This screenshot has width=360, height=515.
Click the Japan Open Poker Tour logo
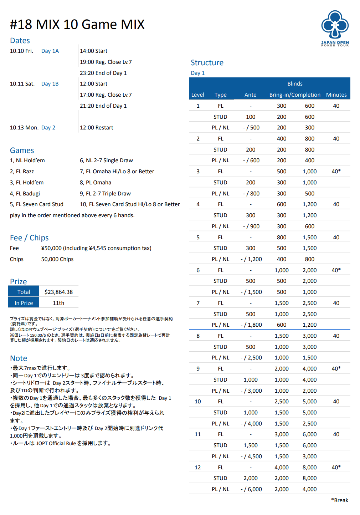(335, 28)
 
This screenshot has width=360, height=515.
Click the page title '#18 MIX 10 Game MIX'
(77, 25)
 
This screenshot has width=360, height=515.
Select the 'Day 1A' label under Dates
(50, 51)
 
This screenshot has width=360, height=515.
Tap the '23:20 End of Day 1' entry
(103, 73)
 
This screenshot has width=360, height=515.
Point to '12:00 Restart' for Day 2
(96, 128)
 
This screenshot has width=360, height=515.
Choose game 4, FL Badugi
(25, 194)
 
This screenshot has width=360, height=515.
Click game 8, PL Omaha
(95, 183)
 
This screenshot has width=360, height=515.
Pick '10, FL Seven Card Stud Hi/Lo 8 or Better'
(130, 204)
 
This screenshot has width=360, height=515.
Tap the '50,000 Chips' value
(57, 259)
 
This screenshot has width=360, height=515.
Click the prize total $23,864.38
(58, 292)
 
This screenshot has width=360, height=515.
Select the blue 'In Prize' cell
(24, 303)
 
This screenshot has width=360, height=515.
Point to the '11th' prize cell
(58, 303)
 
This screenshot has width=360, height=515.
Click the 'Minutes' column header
(336, 95)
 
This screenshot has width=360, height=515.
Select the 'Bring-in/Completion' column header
(295, 95)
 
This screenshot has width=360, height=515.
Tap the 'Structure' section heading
(207, 63)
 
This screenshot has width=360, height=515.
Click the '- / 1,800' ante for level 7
(251, 325)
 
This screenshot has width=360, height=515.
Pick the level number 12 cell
(198, 468)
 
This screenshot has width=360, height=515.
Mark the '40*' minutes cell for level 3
(336, 172)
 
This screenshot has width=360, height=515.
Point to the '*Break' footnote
(340, 500)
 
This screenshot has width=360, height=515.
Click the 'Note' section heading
(19, 358)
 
